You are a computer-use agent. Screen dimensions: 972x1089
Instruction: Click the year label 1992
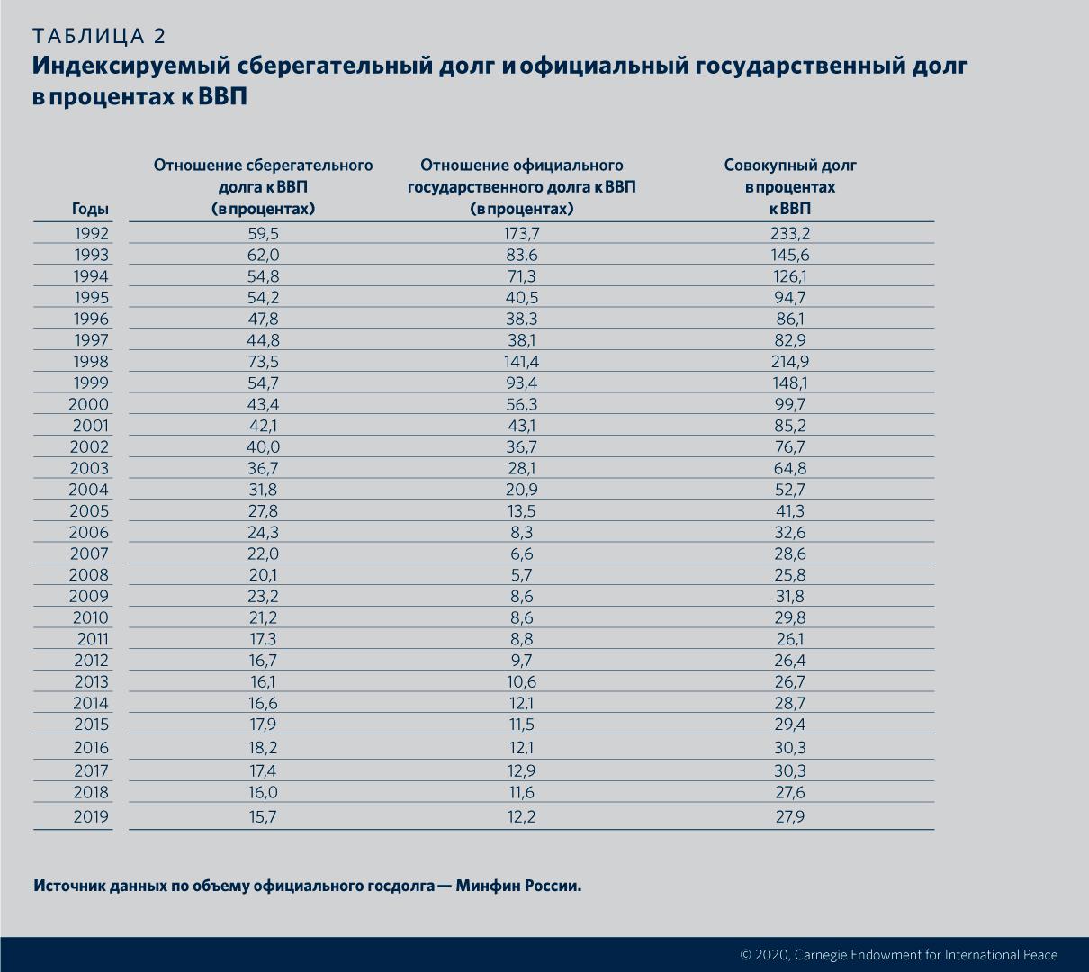91,234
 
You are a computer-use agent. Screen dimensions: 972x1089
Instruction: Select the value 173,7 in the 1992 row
522,234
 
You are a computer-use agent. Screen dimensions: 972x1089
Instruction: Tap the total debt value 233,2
790,234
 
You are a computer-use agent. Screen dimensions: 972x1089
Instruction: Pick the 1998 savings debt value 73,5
263,362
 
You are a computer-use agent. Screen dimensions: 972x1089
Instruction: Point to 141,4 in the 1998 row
522,362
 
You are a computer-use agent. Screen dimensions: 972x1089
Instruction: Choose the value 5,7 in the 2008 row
522,575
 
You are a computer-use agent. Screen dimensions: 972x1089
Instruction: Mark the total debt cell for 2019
790,817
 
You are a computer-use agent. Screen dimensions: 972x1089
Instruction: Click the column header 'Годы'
90,210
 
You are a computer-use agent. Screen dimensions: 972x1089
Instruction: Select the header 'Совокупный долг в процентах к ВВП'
790,187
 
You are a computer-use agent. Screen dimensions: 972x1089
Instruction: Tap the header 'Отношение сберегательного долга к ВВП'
263,187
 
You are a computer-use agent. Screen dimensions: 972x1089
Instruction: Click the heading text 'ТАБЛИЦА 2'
99,36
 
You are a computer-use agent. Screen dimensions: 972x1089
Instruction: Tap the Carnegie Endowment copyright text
898,955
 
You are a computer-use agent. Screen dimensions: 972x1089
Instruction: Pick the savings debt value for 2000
263,405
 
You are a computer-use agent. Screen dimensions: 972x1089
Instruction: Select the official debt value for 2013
522,682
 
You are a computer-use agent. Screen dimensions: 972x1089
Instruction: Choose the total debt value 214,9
790,362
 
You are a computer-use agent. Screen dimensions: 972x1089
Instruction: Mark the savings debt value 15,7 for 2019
263,817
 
